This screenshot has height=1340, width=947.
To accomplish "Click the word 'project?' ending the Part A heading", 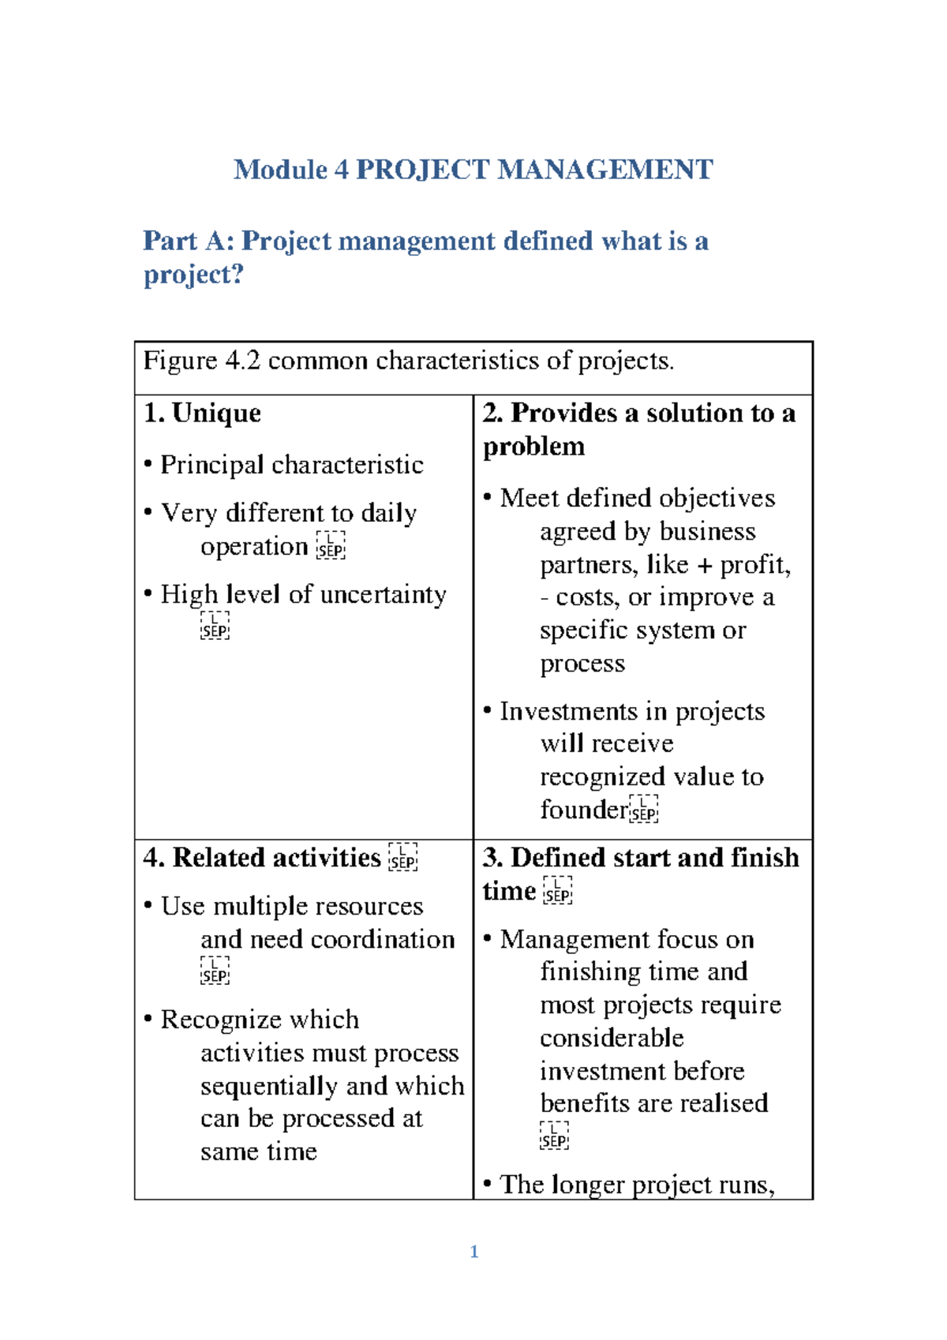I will (x=193, y=275).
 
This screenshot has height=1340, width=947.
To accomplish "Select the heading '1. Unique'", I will (x=202, y=413).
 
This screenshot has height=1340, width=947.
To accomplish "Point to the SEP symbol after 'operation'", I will (x=331, y=546).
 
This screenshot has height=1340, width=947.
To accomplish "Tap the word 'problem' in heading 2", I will (x=533, y=447).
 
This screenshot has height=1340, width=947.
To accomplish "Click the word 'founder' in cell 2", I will (x=583, y=810).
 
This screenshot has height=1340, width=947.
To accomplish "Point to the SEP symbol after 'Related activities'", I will (x=403, y=858).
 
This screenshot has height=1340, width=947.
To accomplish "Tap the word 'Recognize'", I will (x=222, y=1020).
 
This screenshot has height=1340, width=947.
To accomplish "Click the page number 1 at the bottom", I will (x=473, y=1252).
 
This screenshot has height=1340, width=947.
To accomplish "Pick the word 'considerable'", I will (x=612, y=1038).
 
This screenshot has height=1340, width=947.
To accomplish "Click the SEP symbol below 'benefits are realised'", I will (x=554, y=1136).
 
